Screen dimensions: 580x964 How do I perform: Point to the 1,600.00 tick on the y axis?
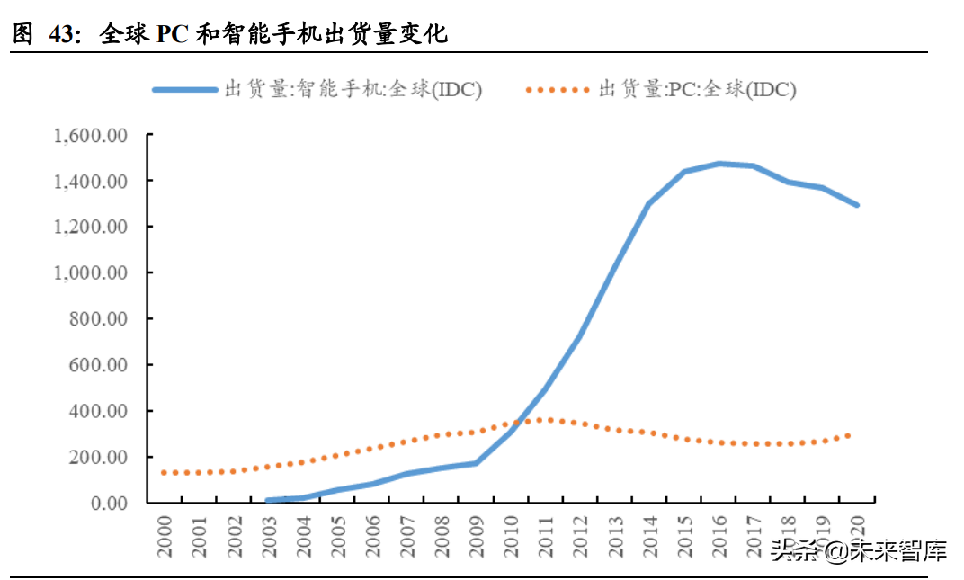pos(92,136)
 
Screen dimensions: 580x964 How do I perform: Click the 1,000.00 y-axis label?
pos(92,273)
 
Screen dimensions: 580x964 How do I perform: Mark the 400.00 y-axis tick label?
pos(99,411)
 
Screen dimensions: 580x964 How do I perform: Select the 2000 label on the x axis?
pos(165,537)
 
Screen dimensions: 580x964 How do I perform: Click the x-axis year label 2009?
pos(475,537)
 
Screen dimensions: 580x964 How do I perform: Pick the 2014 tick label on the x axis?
pos(647,537)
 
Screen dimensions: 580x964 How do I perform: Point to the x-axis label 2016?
pos(718,537)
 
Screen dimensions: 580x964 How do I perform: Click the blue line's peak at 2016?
pos(719,164)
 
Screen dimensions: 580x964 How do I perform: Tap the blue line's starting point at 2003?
pos(268,501)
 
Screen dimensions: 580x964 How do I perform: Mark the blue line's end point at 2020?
pos(856,205)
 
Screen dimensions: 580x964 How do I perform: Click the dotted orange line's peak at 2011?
pos(545,420)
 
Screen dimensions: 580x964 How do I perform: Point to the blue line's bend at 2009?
pos(476,463)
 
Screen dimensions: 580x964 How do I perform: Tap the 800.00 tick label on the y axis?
pos(99,319)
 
